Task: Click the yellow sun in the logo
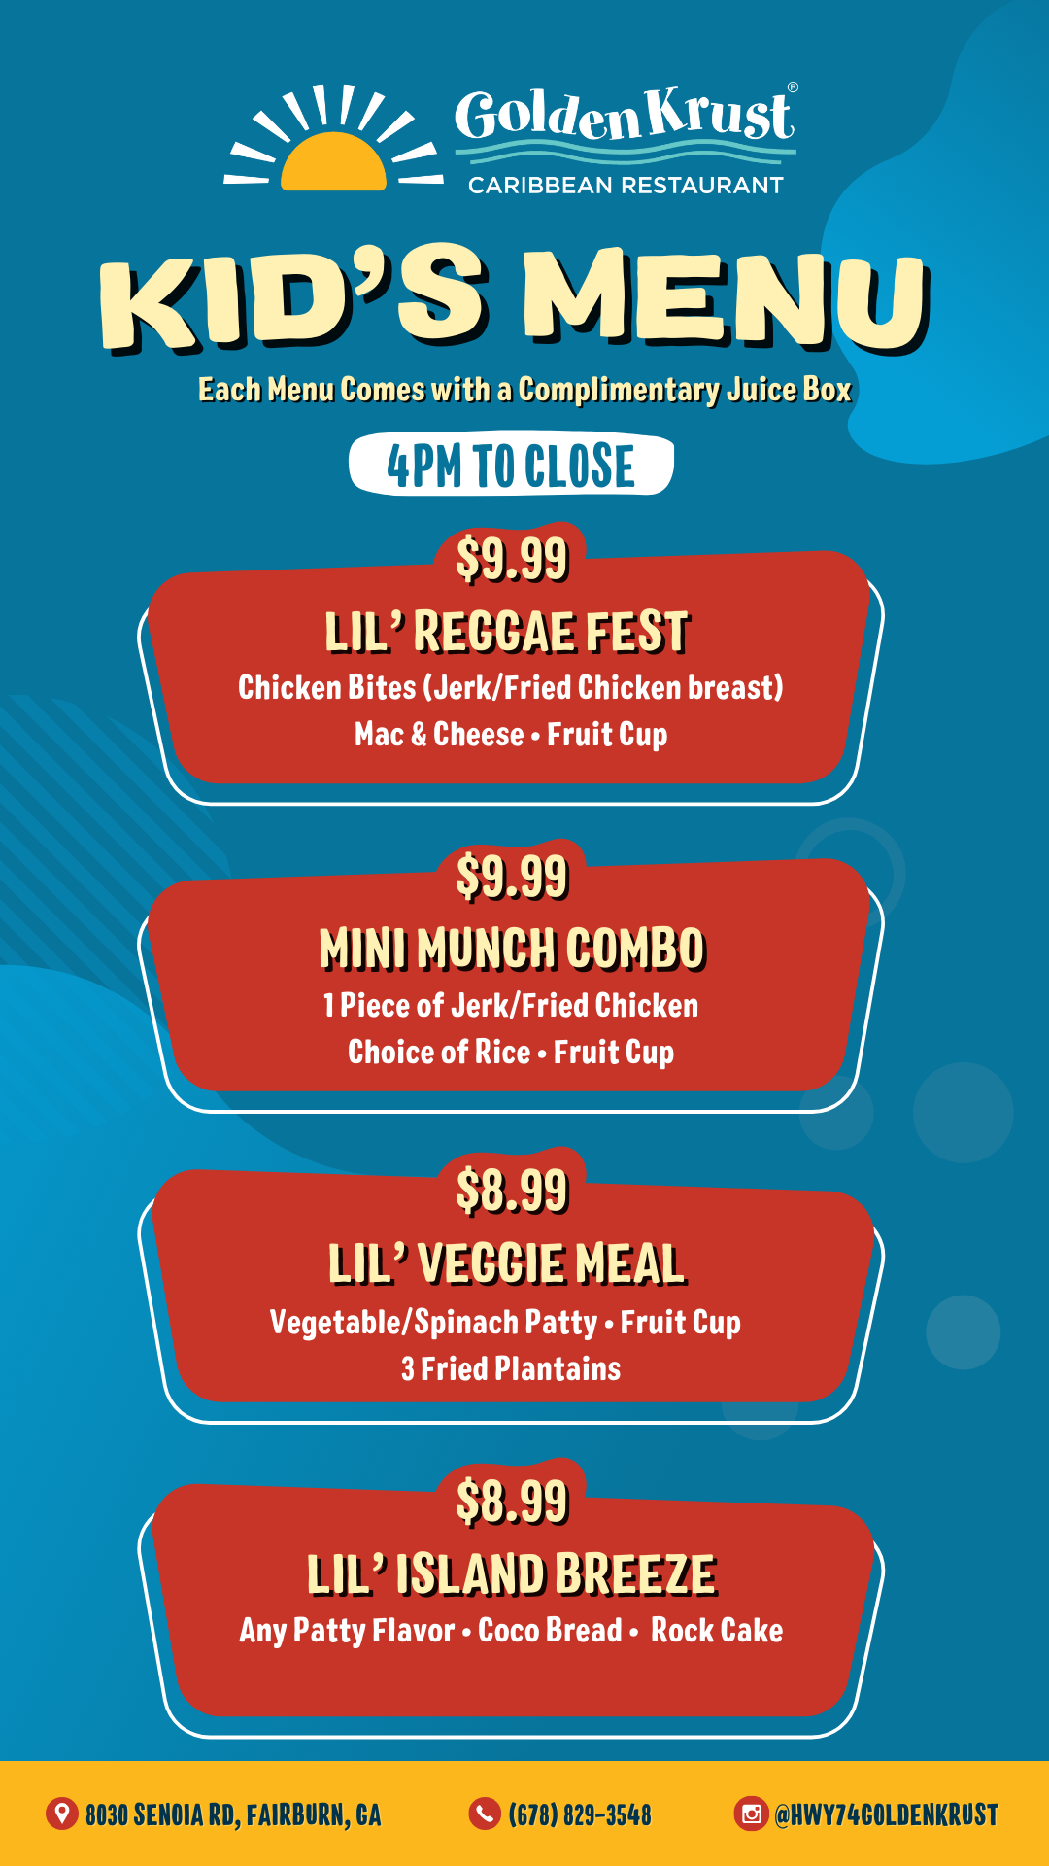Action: (x=334, y=163)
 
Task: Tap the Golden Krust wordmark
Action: (x=626, y=115)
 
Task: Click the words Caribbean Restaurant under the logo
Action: (x=626, y=186)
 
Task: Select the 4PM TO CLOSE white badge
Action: (x=511, y=465)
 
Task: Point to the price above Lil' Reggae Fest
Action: (x=512, y=559)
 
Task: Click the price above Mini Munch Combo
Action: (x=512, y=877)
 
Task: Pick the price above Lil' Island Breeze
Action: (x=512, y=1502)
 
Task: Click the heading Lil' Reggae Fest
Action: (x=507, y=632)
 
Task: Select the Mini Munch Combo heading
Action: (x=512, y=949)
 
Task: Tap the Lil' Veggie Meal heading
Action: (x=507, y=1264)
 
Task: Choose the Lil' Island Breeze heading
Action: (x=512, y=1575)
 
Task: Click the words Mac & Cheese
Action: (x=439, y=735)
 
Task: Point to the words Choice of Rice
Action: (x=439, y=1052)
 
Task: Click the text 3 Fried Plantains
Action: (x=511, y=1369)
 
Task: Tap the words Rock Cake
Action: (x=717, y=1631)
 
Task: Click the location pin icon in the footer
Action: (x=62, y=1814)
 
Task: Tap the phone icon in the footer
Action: (x=484, y=1814)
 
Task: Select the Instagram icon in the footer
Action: (x=751, y=1814)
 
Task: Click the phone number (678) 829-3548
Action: (x=580, y=1814)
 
